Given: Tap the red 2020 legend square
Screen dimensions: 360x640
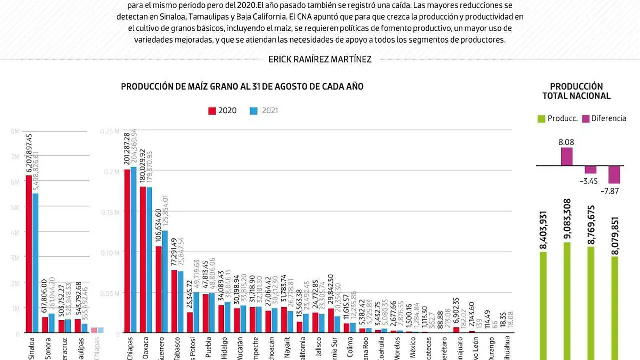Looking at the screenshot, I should coord(212,111).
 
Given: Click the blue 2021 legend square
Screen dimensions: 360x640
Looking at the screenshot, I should coord(254,111).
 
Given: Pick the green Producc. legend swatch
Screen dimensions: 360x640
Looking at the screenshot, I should coord(541,118).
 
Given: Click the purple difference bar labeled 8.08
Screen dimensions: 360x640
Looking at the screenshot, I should coord(566,156).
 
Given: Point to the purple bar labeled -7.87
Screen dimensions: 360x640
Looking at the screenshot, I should coord(614,174).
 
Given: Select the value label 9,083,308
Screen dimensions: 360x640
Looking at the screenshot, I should coord(566,219).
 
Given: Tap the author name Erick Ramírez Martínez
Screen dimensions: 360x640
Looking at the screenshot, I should coord(320,59).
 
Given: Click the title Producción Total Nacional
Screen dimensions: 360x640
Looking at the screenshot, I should coord(576,91).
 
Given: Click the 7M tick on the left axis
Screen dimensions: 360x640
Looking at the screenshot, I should coord(15,156).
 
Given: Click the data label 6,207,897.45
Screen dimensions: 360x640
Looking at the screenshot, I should coord(29,152).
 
